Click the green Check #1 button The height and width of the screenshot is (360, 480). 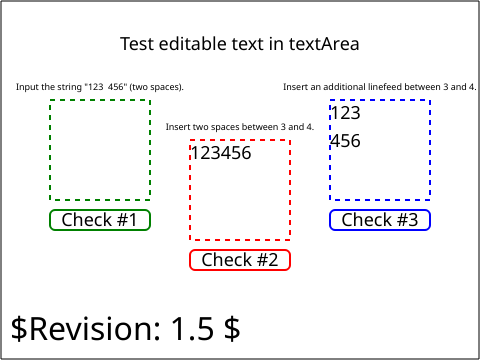100,220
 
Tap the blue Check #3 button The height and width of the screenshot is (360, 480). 380,220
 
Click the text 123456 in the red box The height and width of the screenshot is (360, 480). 221,153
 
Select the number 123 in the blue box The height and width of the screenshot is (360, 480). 346,113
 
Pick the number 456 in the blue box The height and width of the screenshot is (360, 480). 346,141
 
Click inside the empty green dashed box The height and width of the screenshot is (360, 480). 100,150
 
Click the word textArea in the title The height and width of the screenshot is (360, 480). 324,44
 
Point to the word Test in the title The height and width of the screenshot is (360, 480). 137,44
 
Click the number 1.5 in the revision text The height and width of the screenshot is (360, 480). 192,329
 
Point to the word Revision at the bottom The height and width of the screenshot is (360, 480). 96,329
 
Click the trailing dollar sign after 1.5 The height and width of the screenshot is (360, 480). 232,329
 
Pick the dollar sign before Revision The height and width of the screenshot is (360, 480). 19,329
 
